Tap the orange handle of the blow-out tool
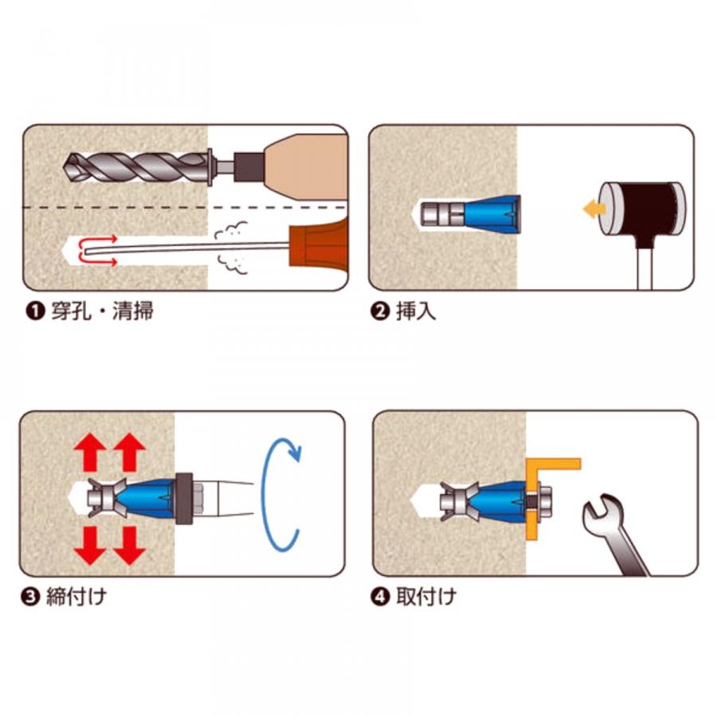coord(319,245)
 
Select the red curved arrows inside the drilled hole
coord(97,251)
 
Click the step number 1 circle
coord(35,311)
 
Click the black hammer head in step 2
coord(643,208)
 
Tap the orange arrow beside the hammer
coord(594,210)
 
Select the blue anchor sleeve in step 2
coord(492,213)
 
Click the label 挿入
coord(416,311)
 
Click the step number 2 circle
coord(379,311)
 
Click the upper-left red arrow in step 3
coord(90,453)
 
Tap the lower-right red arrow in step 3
coord(129,545)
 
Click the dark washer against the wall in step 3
coord(184,498)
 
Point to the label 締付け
coord(76,597)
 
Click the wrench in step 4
coord(612,533)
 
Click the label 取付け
coord(426,597)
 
